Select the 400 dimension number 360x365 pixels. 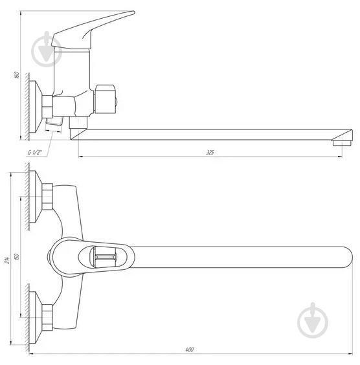190,350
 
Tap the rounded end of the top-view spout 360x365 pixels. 343,258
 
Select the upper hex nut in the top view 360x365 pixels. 47,197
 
